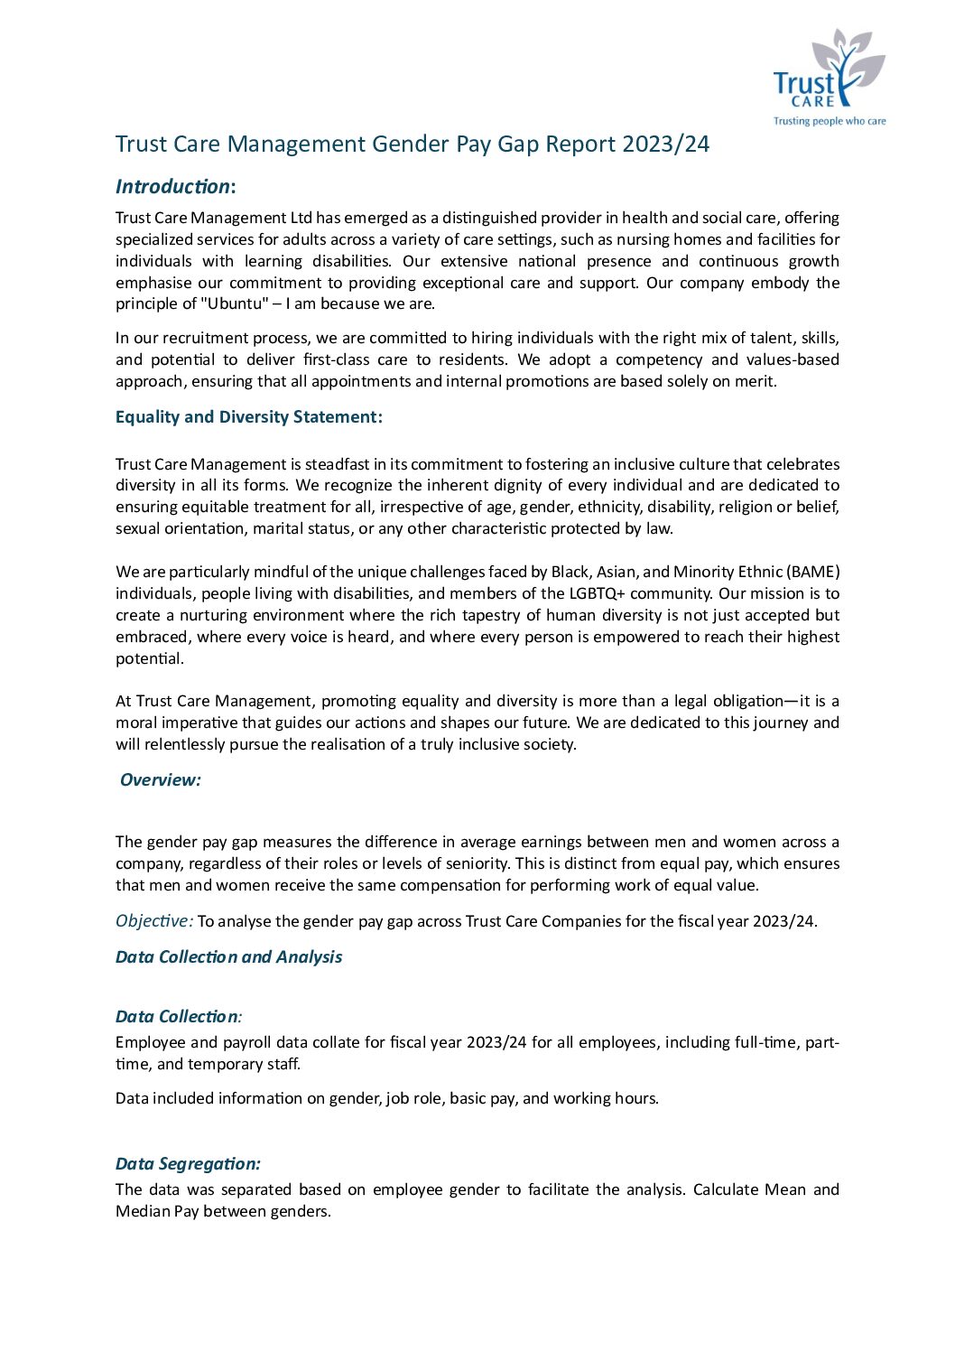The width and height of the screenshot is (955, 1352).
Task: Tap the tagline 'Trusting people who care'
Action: [x=830, y=121]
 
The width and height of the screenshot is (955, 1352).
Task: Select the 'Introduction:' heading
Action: [x=175, y=187]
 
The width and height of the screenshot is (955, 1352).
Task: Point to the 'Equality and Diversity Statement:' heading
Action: [x=248, y=417]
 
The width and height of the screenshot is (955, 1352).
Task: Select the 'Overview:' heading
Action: [x=161, y=780]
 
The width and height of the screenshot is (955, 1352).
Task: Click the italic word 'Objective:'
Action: [x=153, y=921]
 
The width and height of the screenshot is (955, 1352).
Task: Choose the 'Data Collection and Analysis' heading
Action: [x=228, y=957]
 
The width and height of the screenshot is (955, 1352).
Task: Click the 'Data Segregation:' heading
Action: [x=188, y=1164]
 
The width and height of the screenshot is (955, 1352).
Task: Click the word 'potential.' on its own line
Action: [x=149, y=659]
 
